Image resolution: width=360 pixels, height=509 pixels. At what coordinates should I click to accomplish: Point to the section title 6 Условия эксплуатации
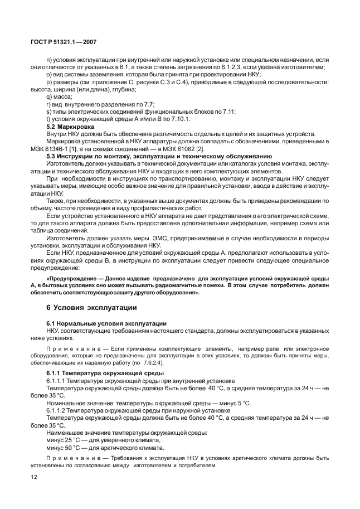point(90,308)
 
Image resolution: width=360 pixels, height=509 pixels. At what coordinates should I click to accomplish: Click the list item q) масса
point(60,96)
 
